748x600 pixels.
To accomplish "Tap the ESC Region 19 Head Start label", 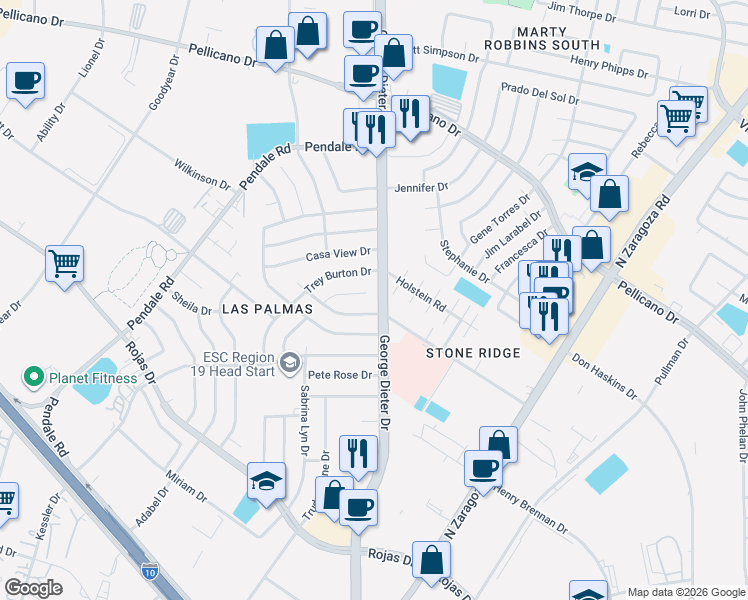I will point(239,363).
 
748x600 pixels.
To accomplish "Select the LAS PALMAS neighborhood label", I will point(267,310).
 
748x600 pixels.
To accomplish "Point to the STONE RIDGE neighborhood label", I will point(473,353).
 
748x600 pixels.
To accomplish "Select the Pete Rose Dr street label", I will point(340,375).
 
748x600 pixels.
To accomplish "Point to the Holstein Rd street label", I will point(420,294).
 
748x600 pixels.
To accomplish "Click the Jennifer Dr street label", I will point(421,187).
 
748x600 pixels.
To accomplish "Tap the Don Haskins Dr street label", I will point(604,372).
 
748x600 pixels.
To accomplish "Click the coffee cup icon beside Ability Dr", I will point(26,79).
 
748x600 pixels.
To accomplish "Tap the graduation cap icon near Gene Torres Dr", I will point(588,171).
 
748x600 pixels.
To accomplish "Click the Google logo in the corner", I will point(33,588).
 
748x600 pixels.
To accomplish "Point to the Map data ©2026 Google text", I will point(686,592).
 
